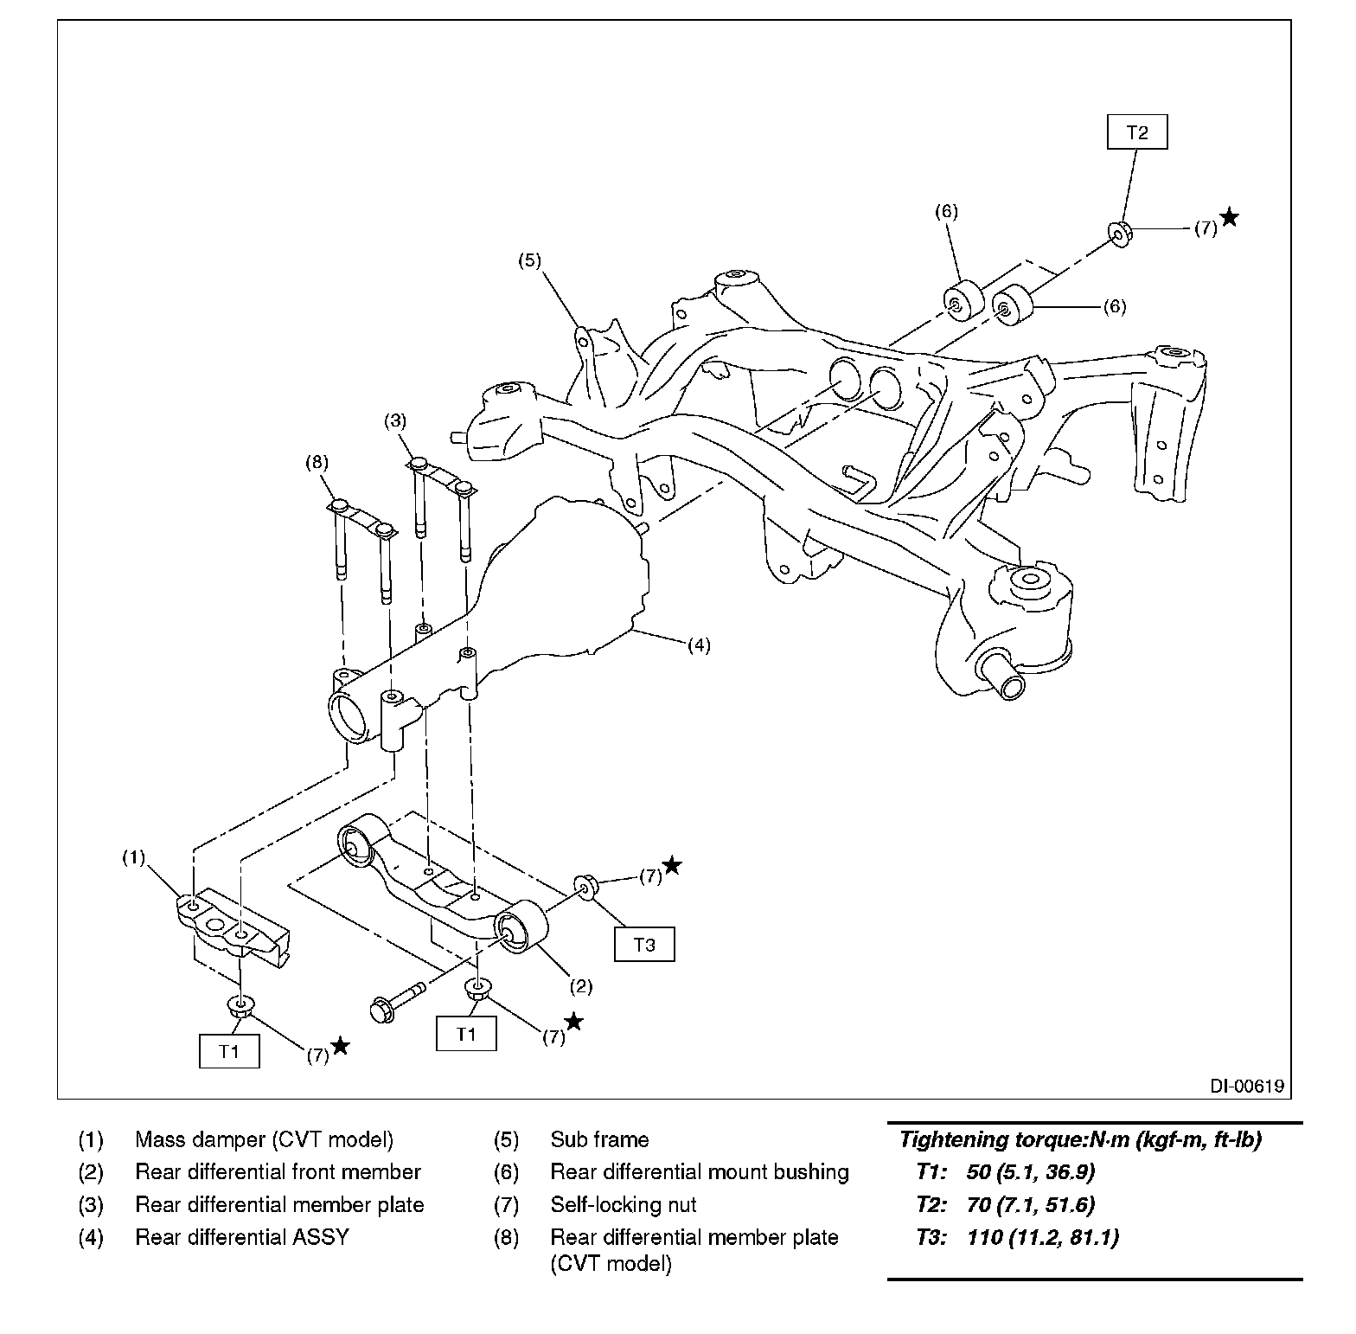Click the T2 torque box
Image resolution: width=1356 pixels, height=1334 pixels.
[1137, 132]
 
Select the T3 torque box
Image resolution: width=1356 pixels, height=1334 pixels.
[644, 945]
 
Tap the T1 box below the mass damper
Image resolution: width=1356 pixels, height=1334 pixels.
[229, 1051]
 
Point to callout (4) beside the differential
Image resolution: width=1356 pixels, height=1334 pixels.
[699, 645]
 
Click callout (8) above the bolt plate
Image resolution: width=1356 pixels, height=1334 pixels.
[317, 462]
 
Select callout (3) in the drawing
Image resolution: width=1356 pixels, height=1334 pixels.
[395, 421]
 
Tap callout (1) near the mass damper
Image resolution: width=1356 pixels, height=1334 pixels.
[133, 857]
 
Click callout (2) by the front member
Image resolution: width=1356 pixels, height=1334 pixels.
[580, 985]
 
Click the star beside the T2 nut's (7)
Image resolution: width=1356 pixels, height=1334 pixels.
[1229, 217]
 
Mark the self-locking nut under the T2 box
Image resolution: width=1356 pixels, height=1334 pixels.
[1120, 234]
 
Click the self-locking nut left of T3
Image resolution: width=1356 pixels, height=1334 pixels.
[585, 887]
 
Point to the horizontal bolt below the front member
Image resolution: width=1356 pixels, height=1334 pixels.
[399, 999]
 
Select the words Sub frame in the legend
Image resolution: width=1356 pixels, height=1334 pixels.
[599, 1139]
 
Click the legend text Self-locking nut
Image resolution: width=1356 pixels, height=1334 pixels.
[624, 1204]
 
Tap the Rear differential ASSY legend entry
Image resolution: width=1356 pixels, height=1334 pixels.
[242, 1237]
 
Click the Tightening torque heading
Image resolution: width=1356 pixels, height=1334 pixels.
[1080, 1140]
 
